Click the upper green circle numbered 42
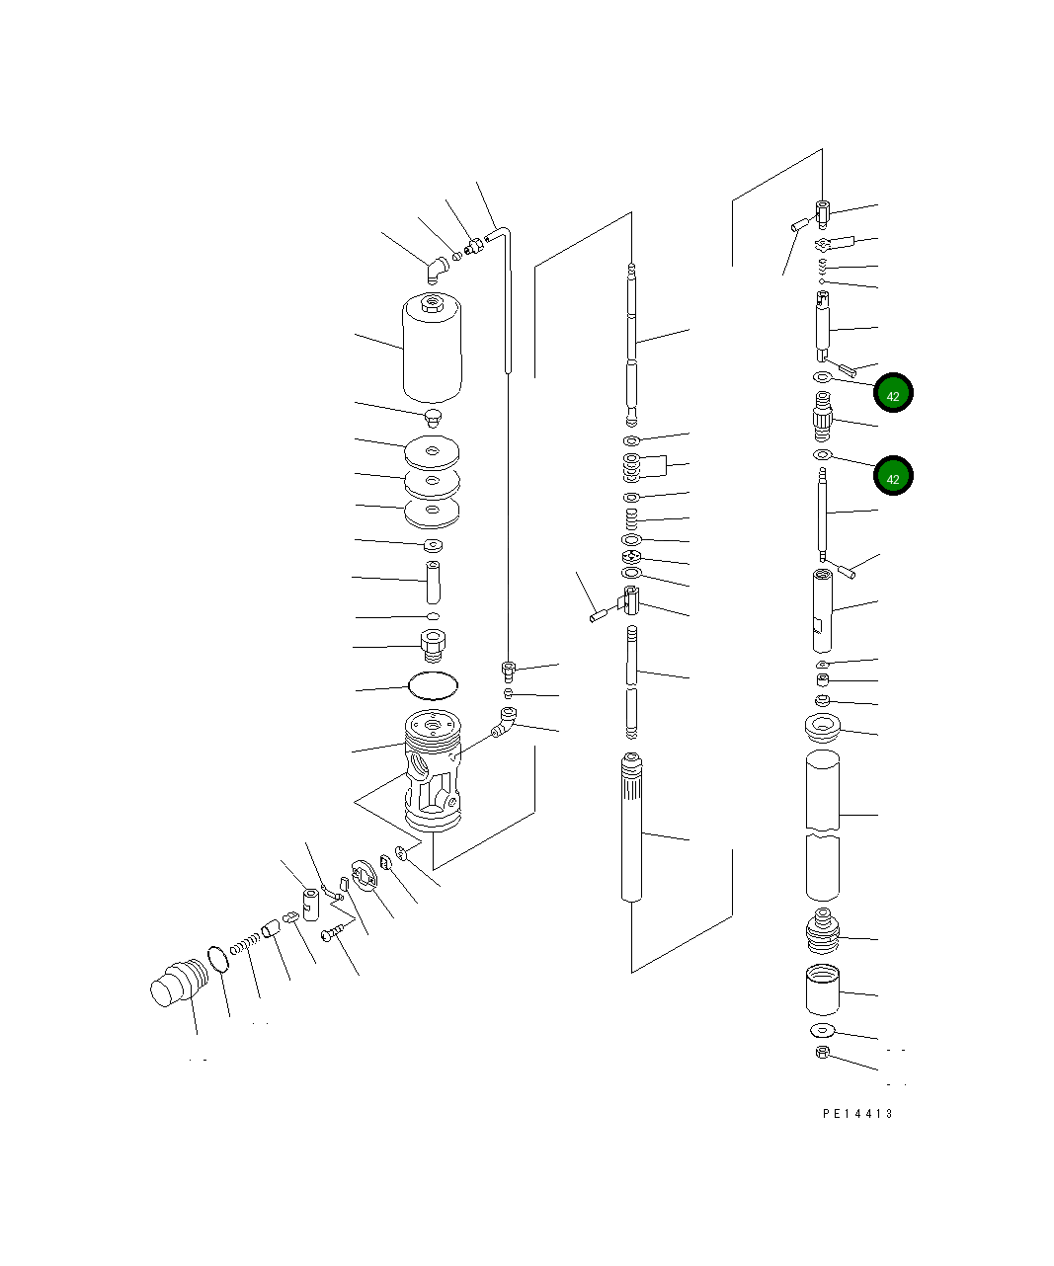pos(893,393)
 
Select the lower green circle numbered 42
pos(893,475)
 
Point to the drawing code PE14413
pos(857,1114)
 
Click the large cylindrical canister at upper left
pos(432,349)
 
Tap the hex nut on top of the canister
pos(432,302)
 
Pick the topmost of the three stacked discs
pos(432,451)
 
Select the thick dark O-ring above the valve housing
pos(433,685)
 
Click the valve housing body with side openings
pos(433,770)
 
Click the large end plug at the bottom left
pos(179,982)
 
